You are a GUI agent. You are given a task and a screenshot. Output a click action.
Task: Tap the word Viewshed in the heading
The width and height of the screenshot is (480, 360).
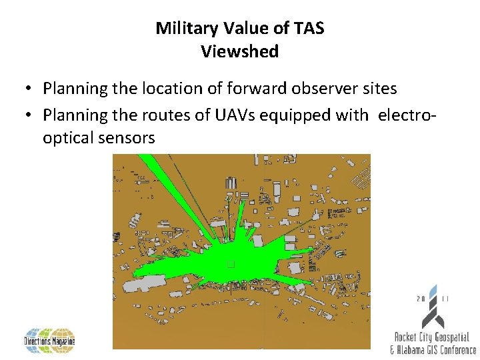pyautogui.click(x=239, y=52)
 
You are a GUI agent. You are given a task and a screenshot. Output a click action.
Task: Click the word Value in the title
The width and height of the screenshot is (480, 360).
pyautogui.click(x=237, y=28)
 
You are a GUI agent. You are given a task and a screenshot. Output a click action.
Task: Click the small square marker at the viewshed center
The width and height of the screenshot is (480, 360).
pyautogui.click(x=231, y=264)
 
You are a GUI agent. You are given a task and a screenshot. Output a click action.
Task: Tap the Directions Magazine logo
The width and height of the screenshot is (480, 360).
pyautogui.click(x=50, y=341)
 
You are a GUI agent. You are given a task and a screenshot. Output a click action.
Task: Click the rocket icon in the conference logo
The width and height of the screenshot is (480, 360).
pyautogui.click(x=433, y=307)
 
